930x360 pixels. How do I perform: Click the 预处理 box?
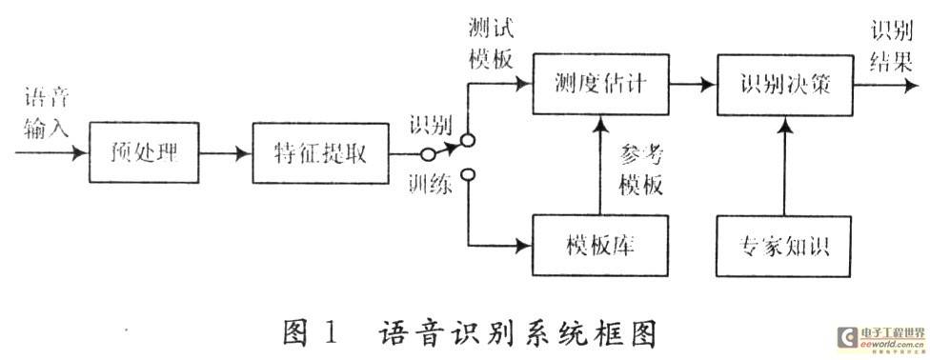(x=144, y=152)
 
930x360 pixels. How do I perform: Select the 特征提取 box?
(x=321, y=153)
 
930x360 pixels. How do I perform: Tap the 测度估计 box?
(x=601, y=84)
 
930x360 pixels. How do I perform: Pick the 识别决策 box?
(x=785, y=84)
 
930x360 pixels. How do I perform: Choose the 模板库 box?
(x=600, y=246)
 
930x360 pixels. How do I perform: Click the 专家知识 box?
(x=784, y=246)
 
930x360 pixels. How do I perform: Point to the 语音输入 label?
(x=47, y=112)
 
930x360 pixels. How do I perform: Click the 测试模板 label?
(x=491, y=43)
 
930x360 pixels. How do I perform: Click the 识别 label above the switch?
(x=430, y=126)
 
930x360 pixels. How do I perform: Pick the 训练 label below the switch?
(x=430, y=186)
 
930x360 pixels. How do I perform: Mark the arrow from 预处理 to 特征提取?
(x=226, y=153)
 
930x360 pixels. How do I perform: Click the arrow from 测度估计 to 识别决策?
(x=693, y=85)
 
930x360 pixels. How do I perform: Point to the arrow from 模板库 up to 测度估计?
(x=601, y=165)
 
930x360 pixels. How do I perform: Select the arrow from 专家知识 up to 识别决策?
(x=785, y=166)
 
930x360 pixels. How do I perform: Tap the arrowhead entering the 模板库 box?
(x=524, y=245)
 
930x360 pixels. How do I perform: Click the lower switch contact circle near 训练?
(x=468, y=175)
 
